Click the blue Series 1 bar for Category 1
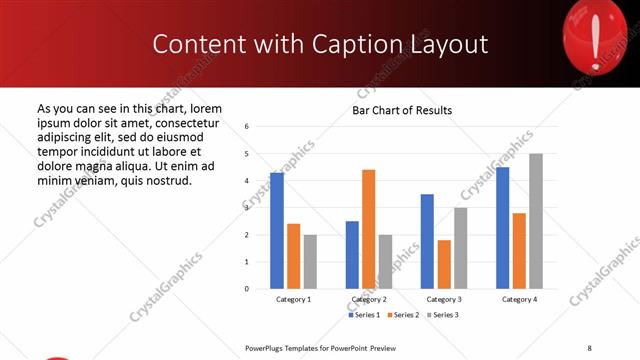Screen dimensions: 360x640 point(277,231)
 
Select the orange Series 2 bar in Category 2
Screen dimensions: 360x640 point(368,229)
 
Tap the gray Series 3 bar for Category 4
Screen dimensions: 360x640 point(536,221)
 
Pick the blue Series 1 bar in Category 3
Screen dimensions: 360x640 point(427,241)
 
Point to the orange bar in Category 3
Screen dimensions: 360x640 point(444,264)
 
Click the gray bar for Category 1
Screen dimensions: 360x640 point(310,262)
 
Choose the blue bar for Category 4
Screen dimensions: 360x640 point(502,228)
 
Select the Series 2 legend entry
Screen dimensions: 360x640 point(403,315)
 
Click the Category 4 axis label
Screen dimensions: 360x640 point(519,299)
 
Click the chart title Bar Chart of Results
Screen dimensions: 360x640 point(402,110)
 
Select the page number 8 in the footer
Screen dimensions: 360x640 point(590,347)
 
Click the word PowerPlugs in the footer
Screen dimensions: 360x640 point(268,347)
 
